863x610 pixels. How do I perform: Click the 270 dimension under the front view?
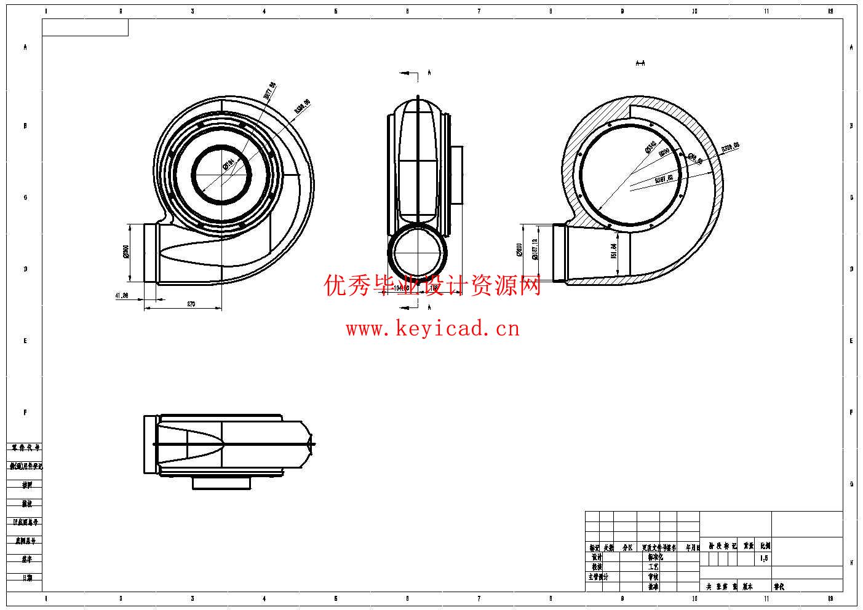pyautogui.click(x=191, y=304)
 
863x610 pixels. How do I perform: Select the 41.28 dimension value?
pyautogui.click(x=122, y=296)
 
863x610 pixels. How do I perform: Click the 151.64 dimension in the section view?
pyautogui.click(x=614, y=251)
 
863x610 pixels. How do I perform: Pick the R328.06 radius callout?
pyautogui.click(x=730, y=148)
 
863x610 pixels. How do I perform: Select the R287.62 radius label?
pyautogui.click(x=664, y=179)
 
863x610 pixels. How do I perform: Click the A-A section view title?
pyautogui.click(x=640, y=63)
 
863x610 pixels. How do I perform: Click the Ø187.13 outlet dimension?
pyautogui.click(x=535, y=248)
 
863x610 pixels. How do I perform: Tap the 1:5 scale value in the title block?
pyautogui.click(x=764, y=558)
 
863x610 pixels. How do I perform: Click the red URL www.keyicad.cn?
pyautogui.click(x=432, y=329)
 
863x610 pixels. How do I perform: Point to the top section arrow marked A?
pyautogui.click(x=429, y=73)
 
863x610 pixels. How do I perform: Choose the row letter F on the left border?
pyautogui.click(x=25, y=412)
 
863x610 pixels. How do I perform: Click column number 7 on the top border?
pyautogui.click(x=479, y=11)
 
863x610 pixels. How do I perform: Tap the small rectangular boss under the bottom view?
pyautogui.click(x=221, y=483)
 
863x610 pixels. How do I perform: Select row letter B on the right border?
pyautogui.click(x=851, y=126)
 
